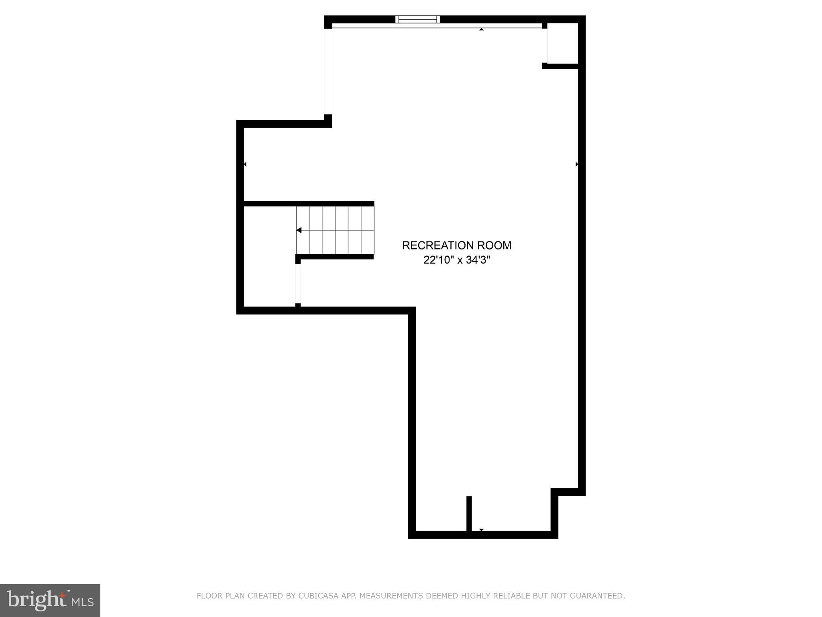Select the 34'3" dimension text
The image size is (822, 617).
478,260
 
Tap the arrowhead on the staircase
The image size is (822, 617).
299,230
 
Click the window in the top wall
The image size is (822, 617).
417,19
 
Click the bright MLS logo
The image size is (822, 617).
50,600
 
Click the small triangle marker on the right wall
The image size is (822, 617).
577,164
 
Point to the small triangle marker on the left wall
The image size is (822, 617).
245,164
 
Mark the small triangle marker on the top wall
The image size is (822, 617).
481,29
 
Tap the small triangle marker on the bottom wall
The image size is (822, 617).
481,530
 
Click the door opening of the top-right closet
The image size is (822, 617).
545,46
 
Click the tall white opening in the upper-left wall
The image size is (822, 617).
328,72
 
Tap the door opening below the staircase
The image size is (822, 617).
298,284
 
